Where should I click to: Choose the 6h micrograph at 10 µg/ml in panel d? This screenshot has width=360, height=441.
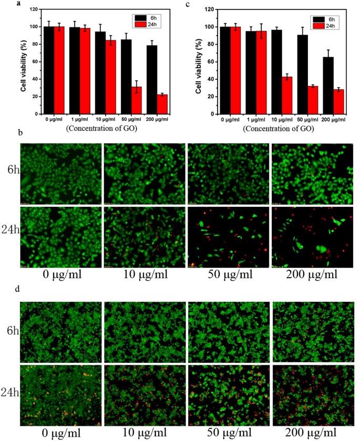[144, 327]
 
